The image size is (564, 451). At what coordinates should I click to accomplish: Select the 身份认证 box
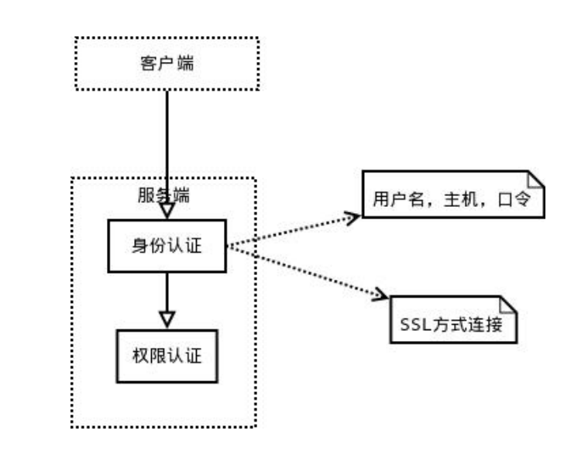(167, 246)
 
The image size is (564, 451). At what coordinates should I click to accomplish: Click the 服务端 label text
(163, 195)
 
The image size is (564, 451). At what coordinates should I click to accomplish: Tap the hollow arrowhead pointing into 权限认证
(167, 318)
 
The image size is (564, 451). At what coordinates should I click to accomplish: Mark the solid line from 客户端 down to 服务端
(167, 139)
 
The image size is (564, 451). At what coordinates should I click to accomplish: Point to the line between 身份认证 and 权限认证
(167, 291)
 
